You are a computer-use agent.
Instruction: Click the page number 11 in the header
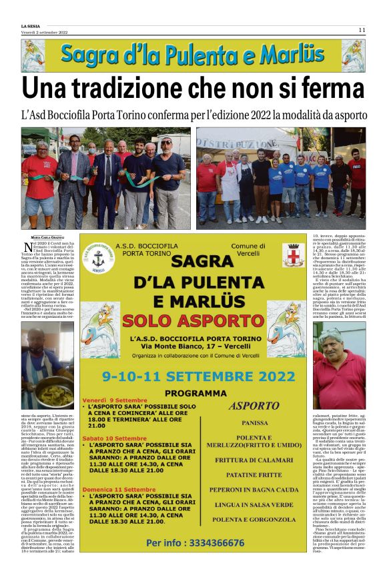pyautogui.click(x=362, y=29)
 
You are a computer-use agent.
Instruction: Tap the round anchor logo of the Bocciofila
pyautogui.click(x=97, y=257)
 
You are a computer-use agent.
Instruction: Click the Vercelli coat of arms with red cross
pyautogui.click(x=292, y=255)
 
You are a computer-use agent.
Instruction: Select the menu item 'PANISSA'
pyautogui.click(x=254, y=422)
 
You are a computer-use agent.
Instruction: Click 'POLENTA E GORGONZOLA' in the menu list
pyautogui.click(x=254, y=536)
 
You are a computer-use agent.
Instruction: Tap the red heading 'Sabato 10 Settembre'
pyautogui.click(x=113, y=438)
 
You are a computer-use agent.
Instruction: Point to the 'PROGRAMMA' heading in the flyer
pyautogui.click(x=194, y=392)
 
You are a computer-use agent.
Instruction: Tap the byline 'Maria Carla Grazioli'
pyautogui.click(x=47, y=236)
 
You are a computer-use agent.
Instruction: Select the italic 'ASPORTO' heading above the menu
pyautogui.click(x=254, y=405)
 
